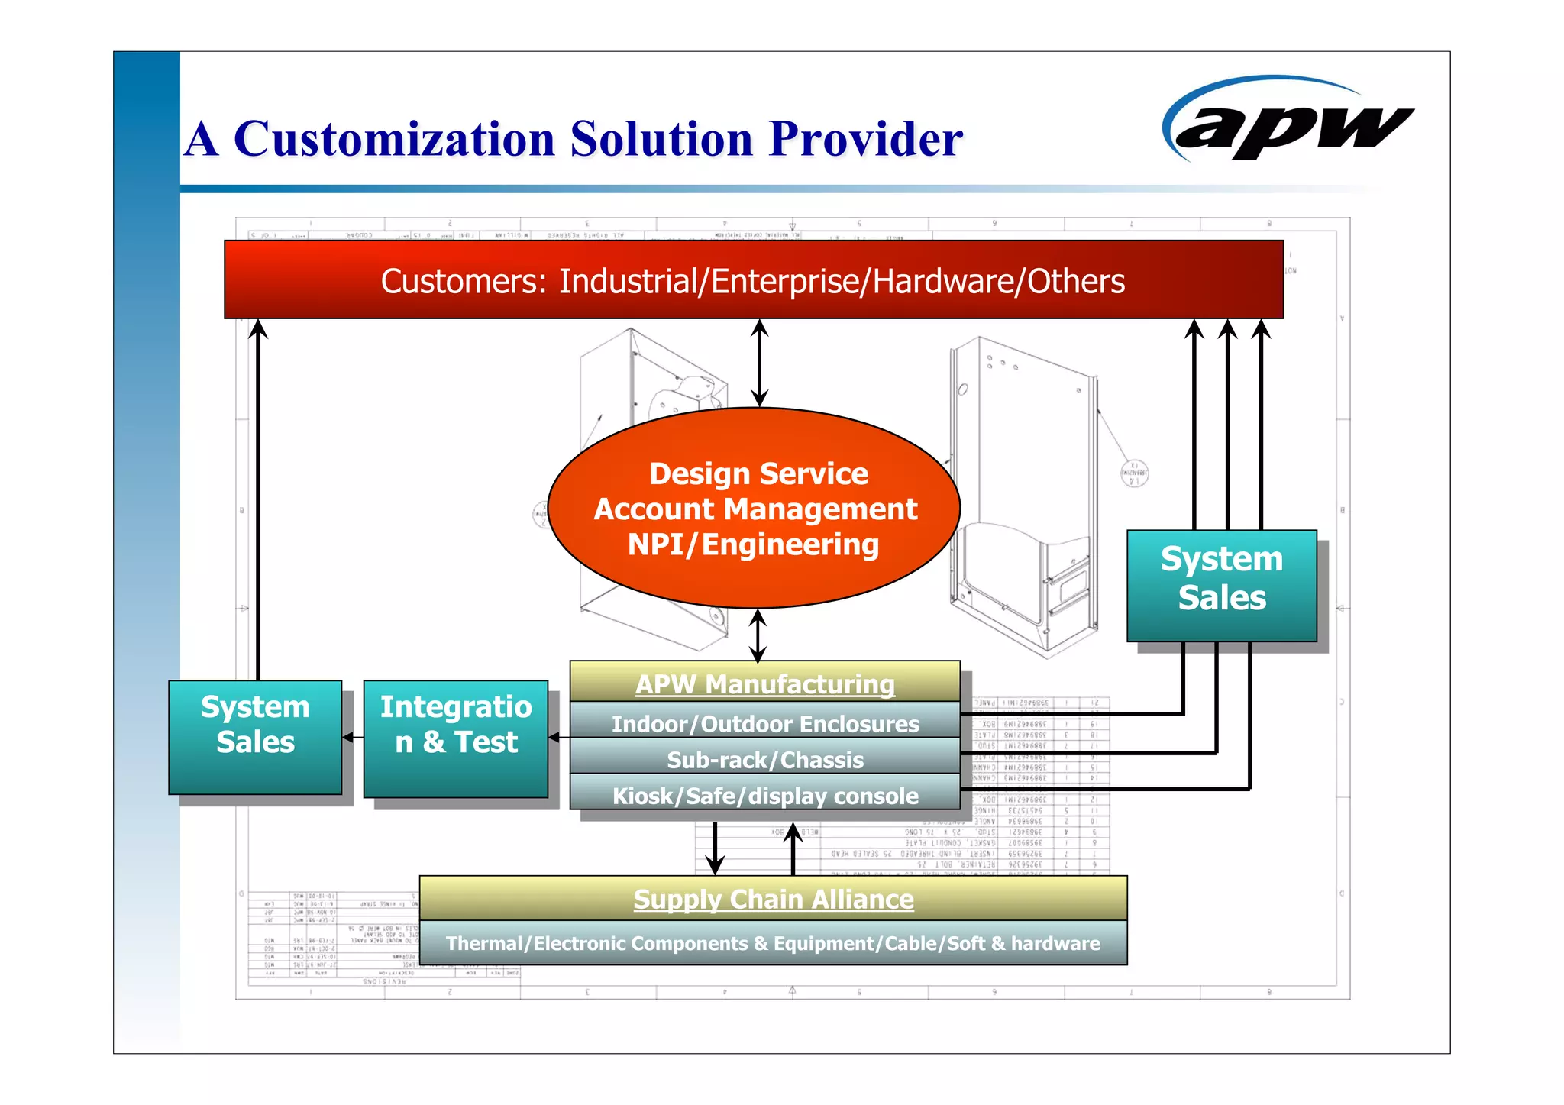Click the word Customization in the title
coord(394,139)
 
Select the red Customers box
coord(753,280)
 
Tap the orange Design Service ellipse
coord(754,509)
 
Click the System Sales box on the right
coord(1221,585)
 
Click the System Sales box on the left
coord(255,736)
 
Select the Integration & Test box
coord(456,738)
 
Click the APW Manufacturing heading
coord(764,683)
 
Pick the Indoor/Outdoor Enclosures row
coord(764,723)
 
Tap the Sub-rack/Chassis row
coord(764,759)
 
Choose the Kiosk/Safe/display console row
coord(764,796)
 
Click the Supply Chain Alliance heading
coord(773,899)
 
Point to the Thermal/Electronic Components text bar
coord(773,943)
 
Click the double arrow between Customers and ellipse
coord(759,363)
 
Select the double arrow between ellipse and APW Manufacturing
coord(758,635)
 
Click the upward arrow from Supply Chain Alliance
coord(793,848)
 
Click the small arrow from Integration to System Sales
coord(352,737)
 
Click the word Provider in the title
coord(865,139)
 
